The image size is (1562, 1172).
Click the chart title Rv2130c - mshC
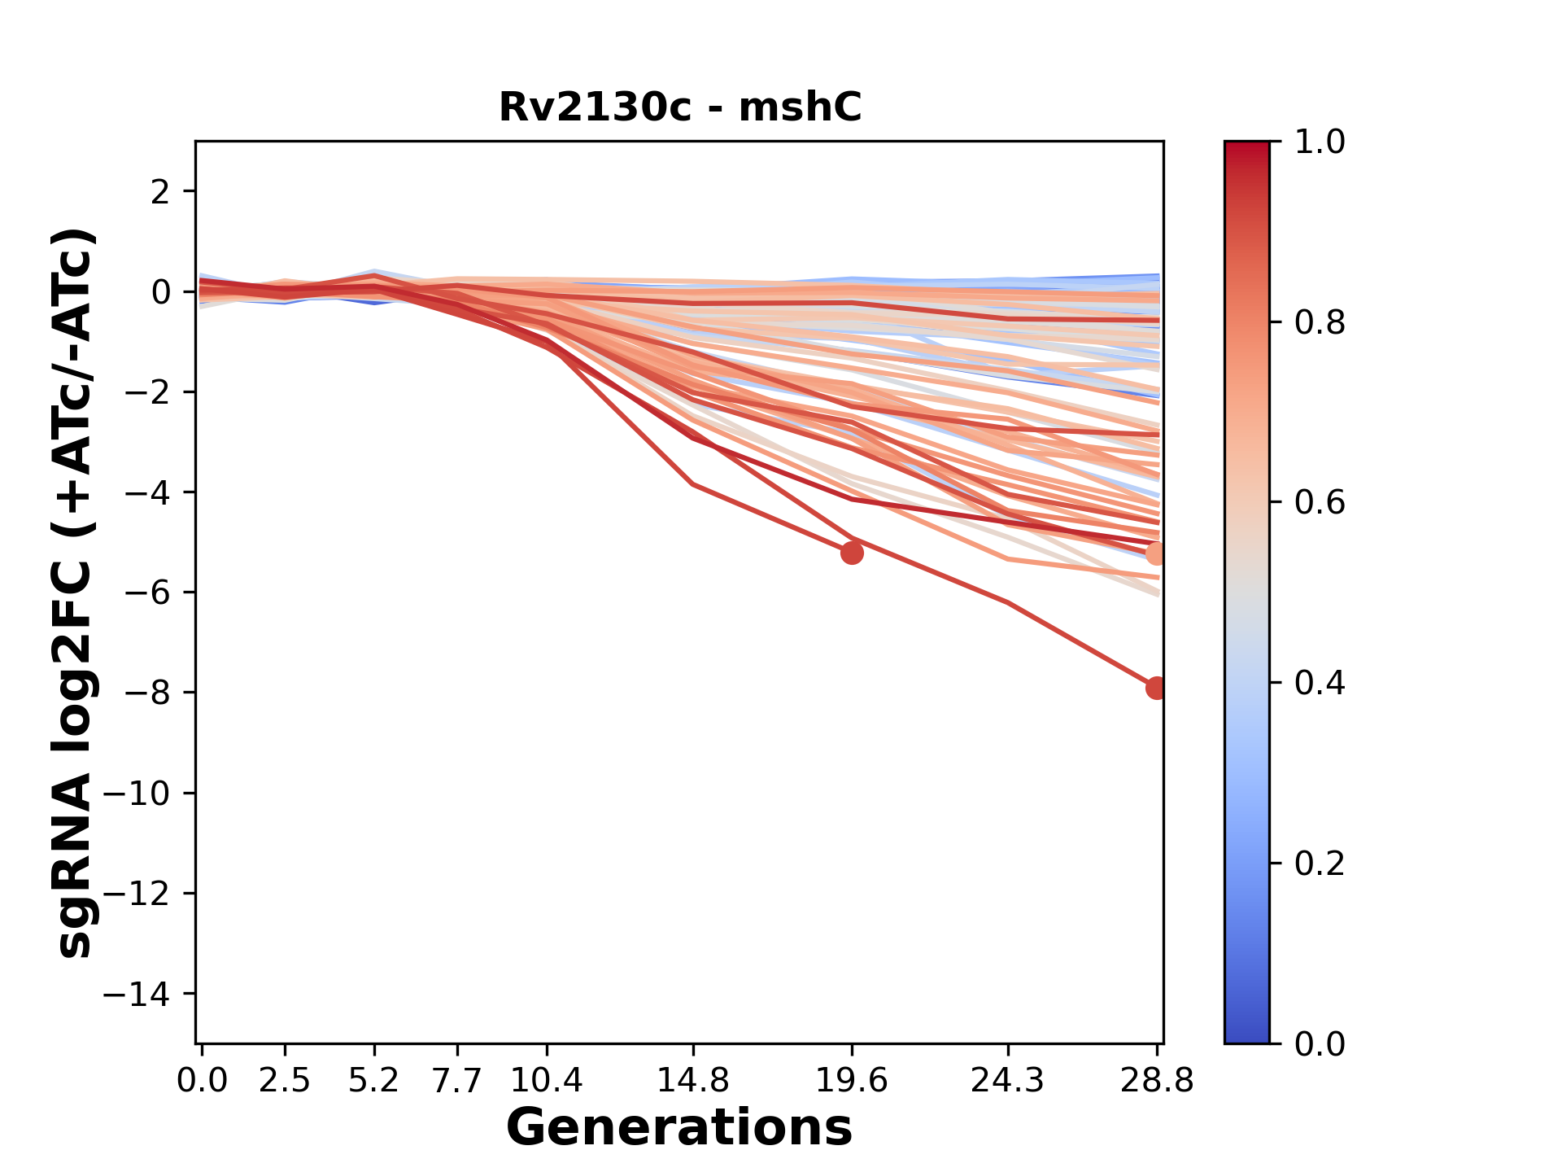679,107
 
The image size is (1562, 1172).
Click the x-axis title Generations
679,1128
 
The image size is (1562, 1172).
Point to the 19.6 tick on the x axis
852,1081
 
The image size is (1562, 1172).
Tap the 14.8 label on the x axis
693,1081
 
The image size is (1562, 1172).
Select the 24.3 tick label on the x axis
1008,1081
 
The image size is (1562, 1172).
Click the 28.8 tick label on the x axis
1157,1081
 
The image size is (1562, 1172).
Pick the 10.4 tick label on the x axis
547,1081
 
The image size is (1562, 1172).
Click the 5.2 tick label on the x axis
374,1081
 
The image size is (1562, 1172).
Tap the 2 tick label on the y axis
161,191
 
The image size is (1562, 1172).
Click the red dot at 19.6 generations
852,553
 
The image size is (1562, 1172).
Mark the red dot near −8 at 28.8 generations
1156,688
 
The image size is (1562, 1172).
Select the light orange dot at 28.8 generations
1156,554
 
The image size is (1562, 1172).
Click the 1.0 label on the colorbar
1320,142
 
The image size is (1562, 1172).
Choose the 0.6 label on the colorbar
1320,503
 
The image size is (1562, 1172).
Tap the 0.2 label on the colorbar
1320,864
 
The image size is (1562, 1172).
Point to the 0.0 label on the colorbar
1320,1043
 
